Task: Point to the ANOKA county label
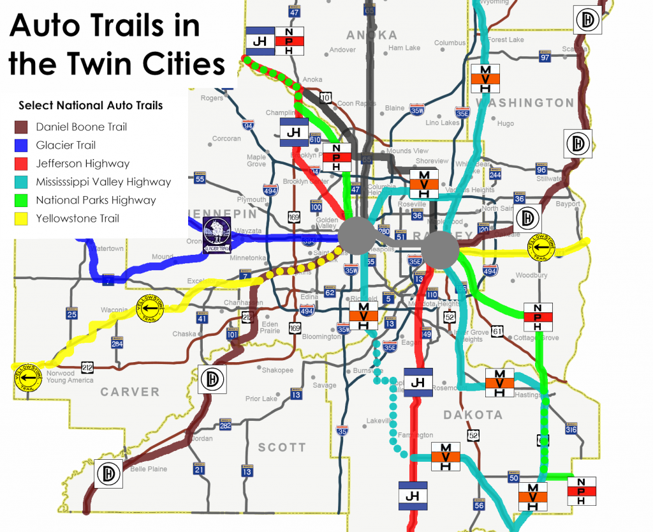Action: [372, 35]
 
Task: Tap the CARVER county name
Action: [129, 391]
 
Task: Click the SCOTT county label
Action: [282, 448]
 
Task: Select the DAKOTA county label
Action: [473, 415]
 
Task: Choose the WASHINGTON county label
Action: [524, 102]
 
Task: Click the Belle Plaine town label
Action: [149, 469]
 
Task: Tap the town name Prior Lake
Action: [261, 399]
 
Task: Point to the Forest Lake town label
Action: [506, 40]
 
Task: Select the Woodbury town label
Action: [531, 275]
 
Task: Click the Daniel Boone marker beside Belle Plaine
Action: [108, 475]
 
